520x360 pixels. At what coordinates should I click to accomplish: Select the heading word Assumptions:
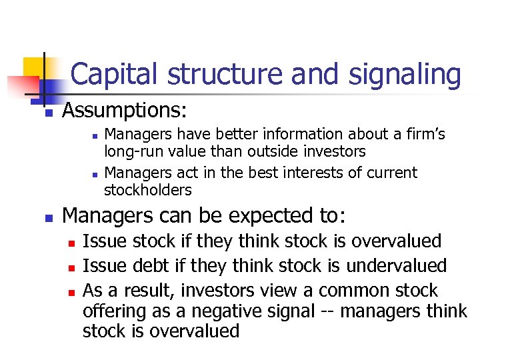tap(124, 109)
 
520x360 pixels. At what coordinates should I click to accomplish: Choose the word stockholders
tap(147, 190)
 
